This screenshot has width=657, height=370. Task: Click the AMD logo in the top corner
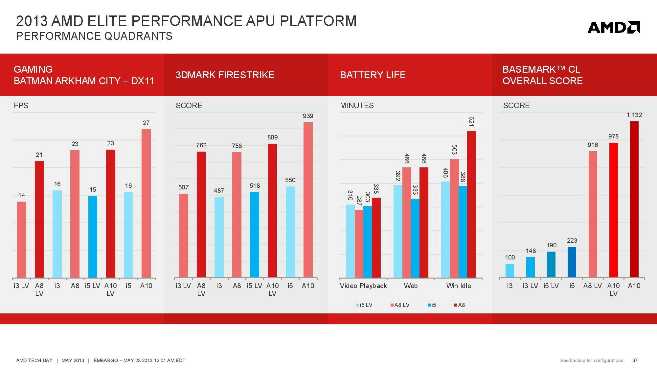614,27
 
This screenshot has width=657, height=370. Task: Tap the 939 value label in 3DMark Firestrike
308,116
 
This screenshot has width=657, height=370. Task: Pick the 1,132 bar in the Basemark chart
634,199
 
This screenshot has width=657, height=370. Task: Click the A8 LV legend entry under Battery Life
400,305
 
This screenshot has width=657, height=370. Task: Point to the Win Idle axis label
459,286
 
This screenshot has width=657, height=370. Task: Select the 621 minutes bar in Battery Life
471,204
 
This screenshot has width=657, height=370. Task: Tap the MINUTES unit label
357,106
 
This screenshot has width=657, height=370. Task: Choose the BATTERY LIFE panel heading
373,75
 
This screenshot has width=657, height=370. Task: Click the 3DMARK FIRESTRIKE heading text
225,75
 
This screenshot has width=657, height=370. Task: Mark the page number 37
635,360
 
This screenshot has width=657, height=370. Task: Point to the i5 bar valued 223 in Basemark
572,262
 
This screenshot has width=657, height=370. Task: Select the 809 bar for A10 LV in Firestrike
272,210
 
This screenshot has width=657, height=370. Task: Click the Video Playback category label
363,286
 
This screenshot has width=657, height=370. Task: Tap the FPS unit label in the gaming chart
21,106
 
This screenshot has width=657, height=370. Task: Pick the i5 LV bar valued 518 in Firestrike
255,235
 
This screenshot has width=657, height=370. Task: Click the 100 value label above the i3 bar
510,257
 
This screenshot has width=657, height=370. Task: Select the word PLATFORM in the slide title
318,21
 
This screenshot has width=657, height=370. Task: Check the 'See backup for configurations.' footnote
592,360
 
